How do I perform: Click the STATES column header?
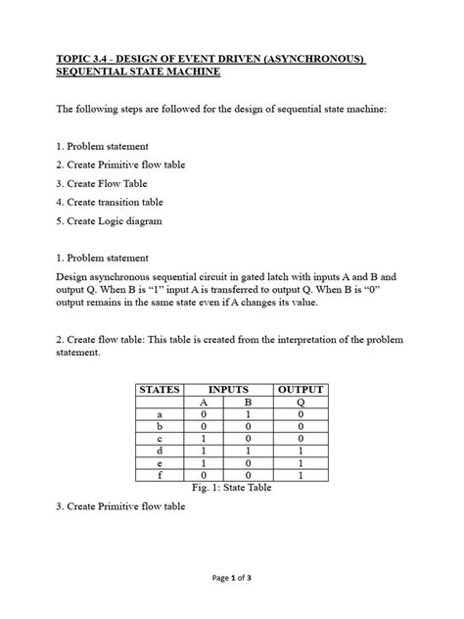pos(161,389)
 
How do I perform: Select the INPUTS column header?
pos(228,389)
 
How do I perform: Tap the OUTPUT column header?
pos(301,389)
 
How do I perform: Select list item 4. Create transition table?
pos(109,202)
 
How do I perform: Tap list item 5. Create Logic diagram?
pos(108,221)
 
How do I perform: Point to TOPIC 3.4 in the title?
pos(80,60)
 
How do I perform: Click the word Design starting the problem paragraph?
pos(73,277)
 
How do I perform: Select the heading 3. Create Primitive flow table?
pos(120,507)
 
